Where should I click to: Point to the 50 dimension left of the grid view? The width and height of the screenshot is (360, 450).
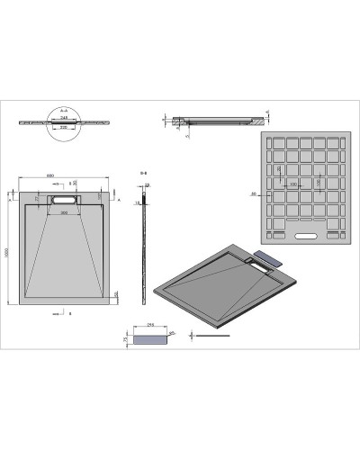pyautogui.click(x=255, y=193)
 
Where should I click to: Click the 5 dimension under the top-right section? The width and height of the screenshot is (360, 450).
pyautogui.click(x=186, y=136)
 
